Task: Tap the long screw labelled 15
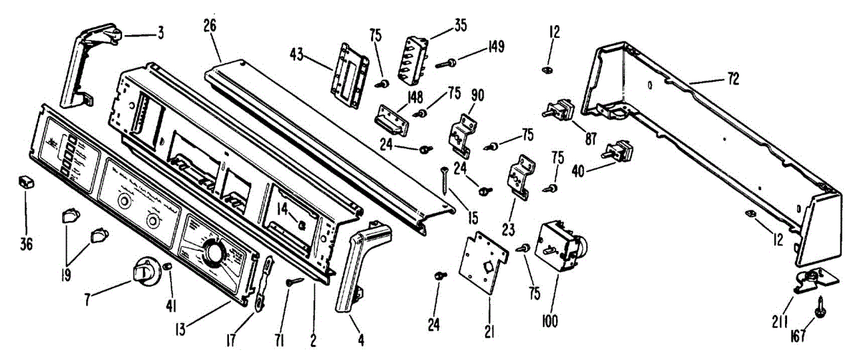[x=446, y=179]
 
